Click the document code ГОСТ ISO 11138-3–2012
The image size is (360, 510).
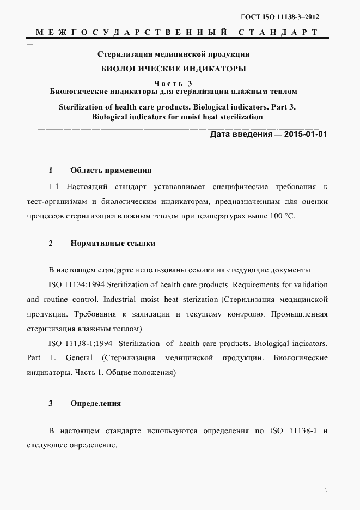[x=279, y=17]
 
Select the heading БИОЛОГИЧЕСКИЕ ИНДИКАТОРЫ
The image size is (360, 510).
[x=174, y=69]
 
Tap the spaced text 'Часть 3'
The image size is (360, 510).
[x=173, y=83]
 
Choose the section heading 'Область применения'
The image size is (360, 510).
[x=111, y=170]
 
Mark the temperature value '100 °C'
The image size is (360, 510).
[x=281, y=216]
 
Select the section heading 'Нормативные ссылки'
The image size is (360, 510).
[x=113, y=243]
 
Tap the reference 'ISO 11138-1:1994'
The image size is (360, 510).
[x=78, y=343]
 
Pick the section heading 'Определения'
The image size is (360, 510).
[x=95, y=404]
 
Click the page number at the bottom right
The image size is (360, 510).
[x=325, y=491]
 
